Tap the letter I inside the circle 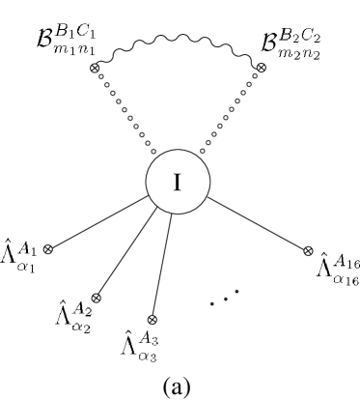click(177, 181)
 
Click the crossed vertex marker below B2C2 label click(260, 68)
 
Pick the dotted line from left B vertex click(124, 110)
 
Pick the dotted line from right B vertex click(232, 108)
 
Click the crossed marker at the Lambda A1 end click(48, 249)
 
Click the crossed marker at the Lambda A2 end click(96, 297)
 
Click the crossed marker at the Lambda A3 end click(152, 318)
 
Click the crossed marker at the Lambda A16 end click(309, 251)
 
